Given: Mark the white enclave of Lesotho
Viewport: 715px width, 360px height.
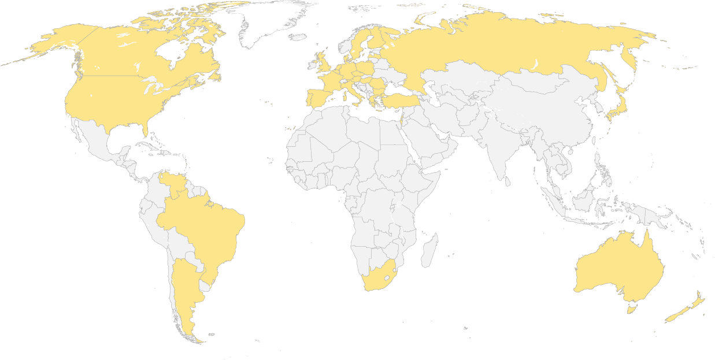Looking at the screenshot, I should click(387, 270).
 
